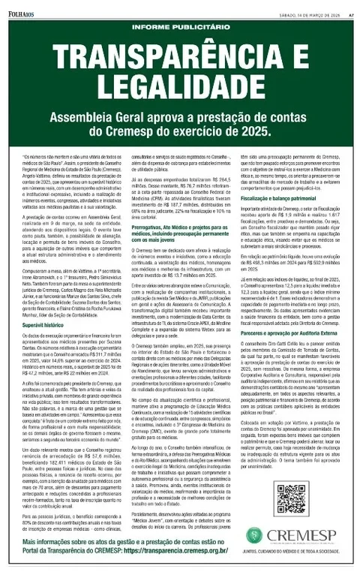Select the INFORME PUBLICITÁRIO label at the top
pos(180,29)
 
